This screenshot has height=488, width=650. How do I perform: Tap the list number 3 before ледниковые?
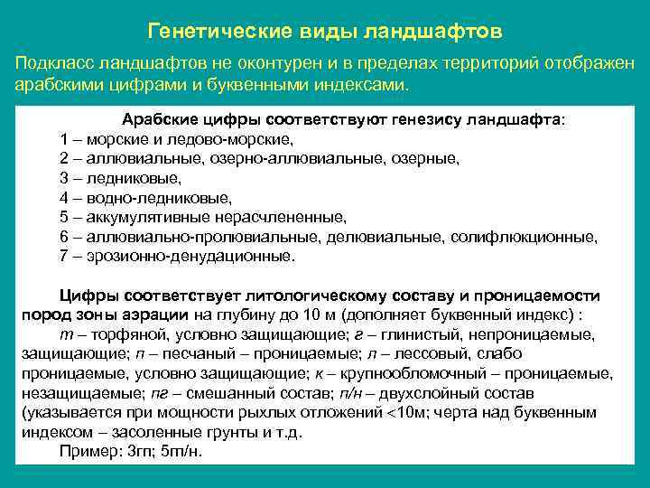click(64, 178)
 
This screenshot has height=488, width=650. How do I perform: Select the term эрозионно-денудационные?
click(190, 256)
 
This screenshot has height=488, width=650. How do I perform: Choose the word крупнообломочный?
click(410, 373)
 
